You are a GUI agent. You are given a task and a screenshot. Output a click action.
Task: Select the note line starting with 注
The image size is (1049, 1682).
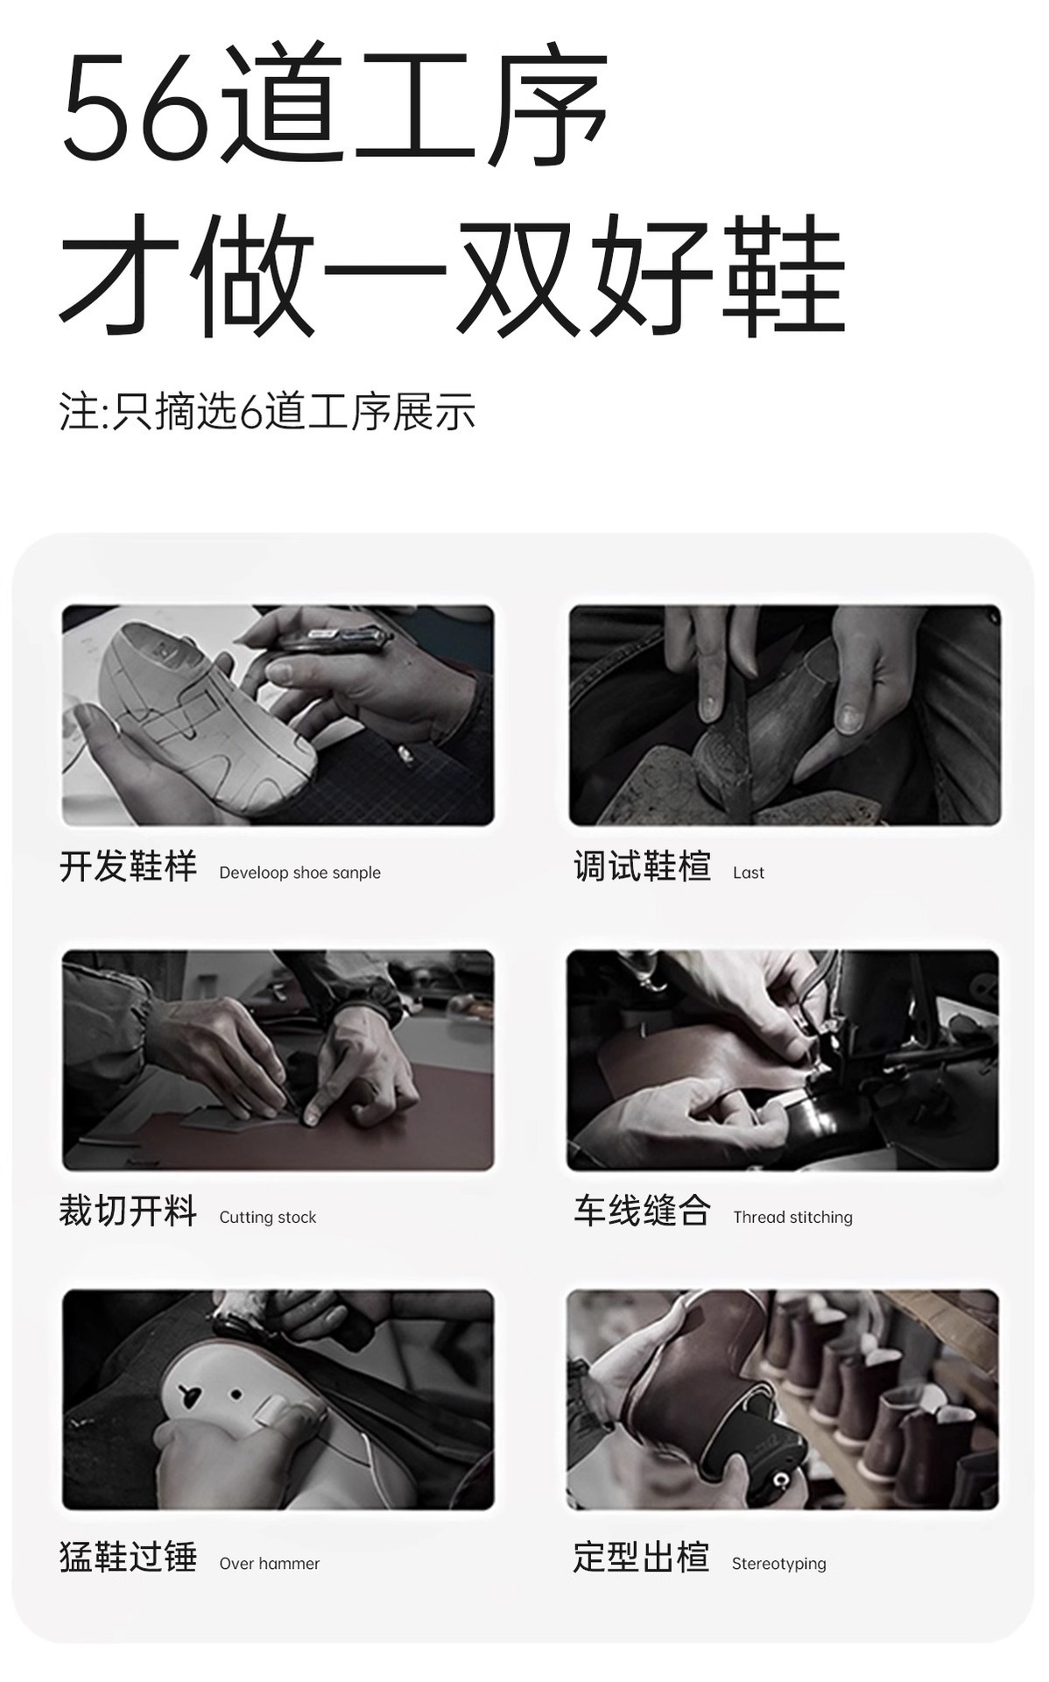pyautogui.click(x=267, y=413)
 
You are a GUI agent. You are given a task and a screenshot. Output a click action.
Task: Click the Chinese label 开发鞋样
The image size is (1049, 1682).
pyautogui.click(x=128, y=867)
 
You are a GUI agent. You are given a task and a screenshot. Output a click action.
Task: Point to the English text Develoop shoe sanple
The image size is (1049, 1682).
pyautogui.click(x=299, y=873)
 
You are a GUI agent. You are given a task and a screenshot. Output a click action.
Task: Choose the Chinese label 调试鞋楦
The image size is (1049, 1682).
pyautogui.click(x=642, y=867)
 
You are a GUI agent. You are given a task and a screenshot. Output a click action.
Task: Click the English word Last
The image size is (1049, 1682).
pyautogui.click(x=749, y=873)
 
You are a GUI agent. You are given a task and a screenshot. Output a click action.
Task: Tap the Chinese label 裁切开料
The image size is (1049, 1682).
pyautogui.click(x=128, y=1212)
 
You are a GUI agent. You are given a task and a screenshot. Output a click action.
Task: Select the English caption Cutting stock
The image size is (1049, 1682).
pyautogui.click(x=267, y=1218)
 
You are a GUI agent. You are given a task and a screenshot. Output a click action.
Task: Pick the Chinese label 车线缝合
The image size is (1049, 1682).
pyautogui.click(x=642, y=1212)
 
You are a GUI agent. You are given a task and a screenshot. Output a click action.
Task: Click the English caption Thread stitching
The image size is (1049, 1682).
pyautogui.click(x=792, y=1218)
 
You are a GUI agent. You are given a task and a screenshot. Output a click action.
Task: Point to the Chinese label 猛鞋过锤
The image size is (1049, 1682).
pyautogui.click(x=128, y=1558)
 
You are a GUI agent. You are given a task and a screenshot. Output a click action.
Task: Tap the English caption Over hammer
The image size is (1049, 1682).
pyautogui.click(x=269, y=1564)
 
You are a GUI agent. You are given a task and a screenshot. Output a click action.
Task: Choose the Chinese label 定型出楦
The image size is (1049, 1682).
pyautogui.click(x=641, y=1558)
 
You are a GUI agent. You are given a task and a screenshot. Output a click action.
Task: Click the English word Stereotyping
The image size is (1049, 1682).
pyautogui.click(x=778, y=1564)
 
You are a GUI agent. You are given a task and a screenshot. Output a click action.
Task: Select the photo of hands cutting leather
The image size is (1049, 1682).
pyautogui.click(x=278, y=1061)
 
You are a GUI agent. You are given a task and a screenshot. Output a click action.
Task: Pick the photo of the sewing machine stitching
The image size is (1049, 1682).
pyautogui.click(x=783, y=1061)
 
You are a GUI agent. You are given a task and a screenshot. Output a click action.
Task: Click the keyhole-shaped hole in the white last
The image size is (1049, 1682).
pyautogui.click(x=188, y=1396)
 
